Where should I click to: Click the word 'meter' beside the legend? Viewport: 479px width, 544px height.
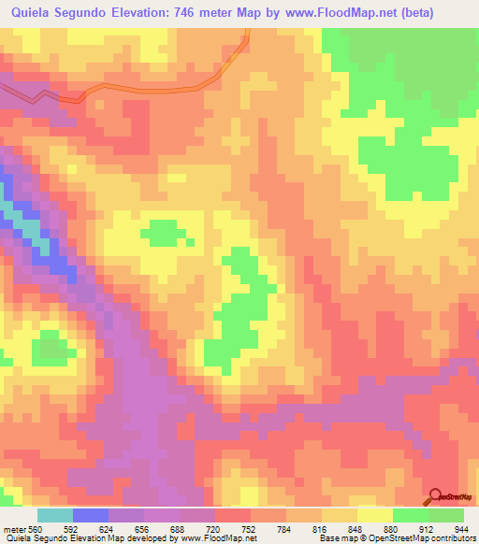coord(13,528)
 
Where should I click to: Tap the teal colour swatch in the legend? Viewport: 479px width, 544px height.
coord(55,515)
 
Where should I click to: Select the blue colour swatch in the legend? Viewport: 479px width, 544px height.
coord(91,515)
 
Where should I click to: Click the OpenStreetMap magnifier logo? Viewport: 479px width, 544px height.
coord(435,496)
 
